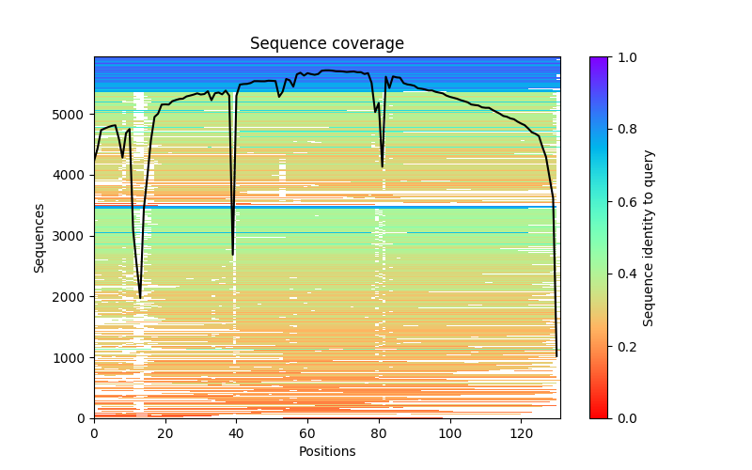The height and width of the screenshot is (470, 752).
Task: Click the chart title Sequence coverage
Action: pos(326,44)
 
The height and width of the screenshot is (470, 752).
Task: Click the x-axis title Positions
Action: pos(326,451)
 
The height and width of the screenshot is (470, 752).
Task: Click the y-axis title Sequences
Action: pos(39,237)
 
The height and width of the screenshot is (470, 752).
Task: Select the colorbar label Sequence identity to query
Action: pos(649,237)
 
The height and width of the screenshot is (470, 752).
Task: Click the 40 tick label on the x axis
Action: pos(236,433)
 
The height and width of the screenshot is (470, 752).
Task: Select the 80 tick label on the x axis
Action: pos(379,433)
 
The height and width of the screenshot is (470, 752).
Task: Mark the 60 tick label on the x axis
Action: pos(307,433)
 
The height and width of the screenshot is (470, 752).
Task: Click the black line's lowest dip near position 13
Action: pos(140,298)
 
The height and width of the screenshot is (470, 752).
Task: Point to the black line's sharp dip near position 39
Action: pos(233,254)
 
